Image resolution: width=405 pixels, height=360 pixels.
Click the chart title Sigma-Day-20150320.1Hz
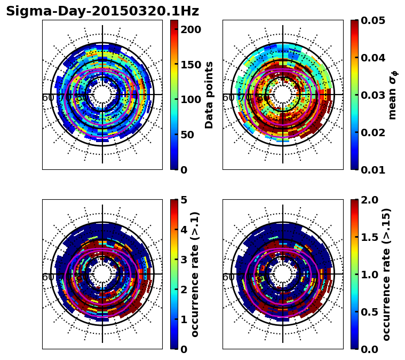[x=102, y=11]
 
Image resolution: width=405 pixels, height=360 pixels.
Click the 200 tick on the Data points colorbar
[x=190, y=29]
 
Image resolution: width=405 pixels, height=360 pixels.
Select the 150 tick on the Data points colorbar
[x=190, y=65]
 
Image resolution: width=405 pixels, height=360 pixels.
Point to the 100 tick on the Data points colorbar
[x=190, y=99]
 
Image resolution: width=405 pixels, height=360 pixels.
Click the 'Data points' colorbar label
[x=209, y=95]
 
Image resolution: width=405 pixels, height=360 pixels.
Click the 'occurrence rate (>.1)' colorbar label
[x=195, y=274]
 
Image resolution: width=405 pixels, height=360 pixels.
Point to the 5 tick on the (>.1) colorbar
[x=184, y=200]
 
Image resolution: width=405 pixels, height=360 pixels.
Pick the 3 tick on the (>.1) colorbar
[x=184, y=260]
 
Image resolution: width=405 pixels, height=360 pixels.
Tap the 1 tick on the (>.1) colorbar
[x=184, y=319]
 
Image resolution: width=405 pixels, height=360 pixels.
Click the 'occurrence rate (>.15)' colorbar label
[x=386, y=274]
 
